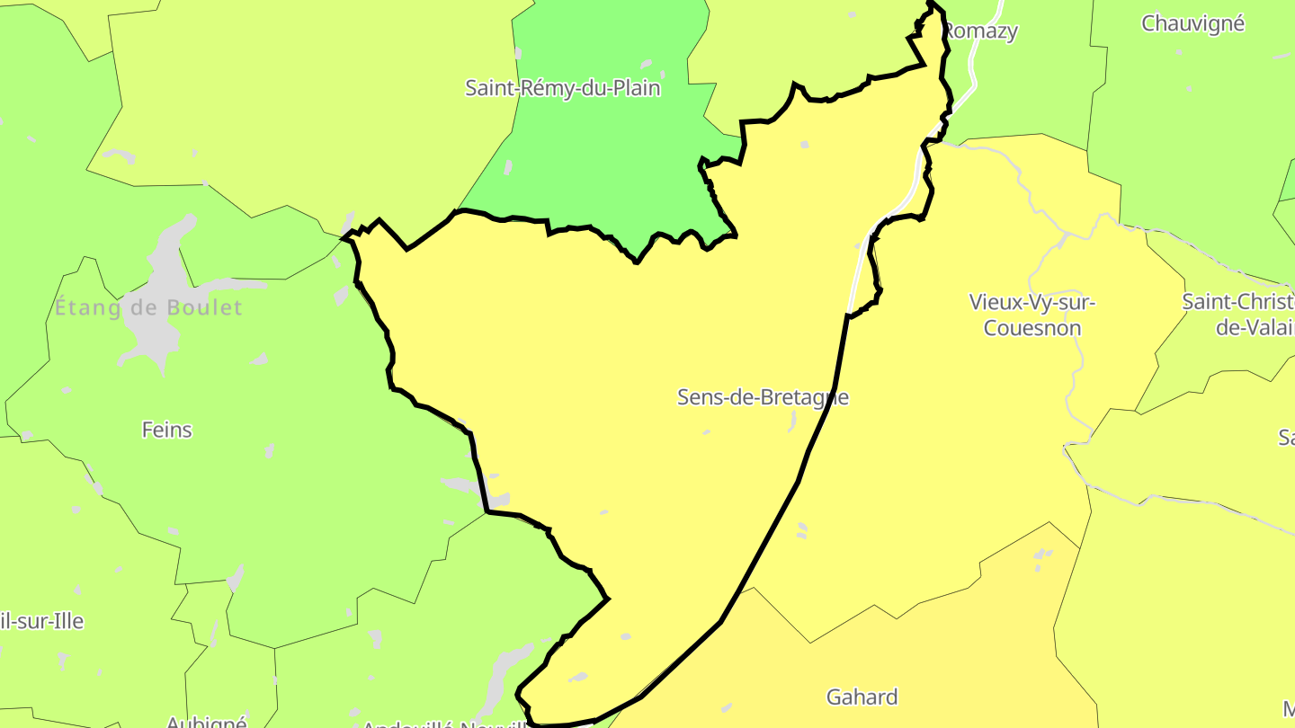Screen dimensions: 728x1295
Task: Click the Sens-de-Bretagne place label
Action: coord(763,397)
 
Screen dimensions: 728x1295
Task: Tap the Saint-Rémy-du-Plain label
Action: coord(562,88)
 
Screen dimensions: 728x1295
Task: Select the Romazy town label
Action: coord(980,31)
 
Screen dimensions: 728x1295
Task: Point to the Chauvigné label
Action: coord(1192,23)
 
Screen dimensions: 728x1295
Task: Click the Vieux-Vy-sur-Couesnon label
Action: coord(1032,315)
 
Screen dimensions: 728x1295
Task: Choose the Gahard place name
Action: coord(862,697)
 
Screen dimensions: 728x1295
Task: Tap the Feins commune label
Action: coord(167,430)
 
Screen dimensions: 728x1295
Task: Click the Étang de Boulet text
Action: coord(148,308)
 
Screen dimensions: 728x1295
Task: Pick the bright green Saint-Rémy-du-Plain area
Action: coord(603,171)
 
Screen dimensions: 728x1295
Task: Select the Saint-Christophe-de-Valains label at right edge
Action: coord(1240,314)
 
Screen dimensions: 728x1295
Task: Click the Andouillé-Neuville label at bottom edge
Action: coord(441,724)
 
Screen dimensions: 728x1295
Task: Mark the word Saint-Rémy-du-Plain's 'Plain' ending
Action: coord(637,88)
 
